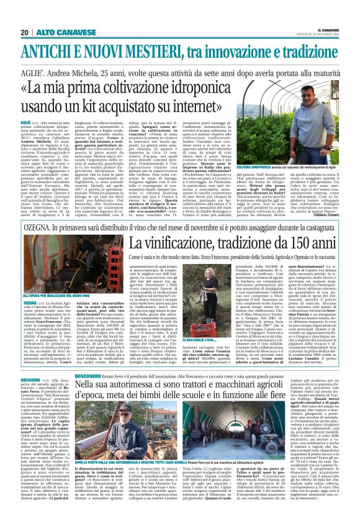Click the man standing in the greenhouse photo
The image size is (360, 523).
(293, 152)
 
